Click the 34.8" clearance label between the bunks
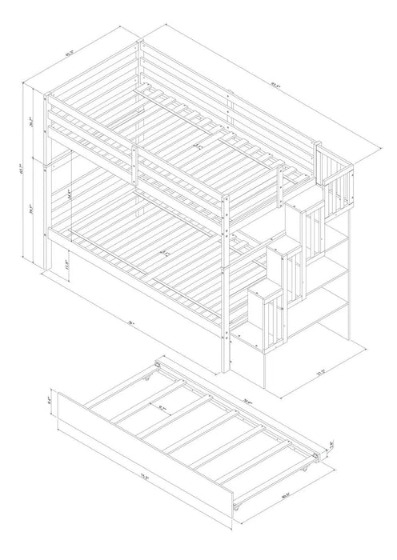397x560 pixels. click(x=70, y=194)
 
